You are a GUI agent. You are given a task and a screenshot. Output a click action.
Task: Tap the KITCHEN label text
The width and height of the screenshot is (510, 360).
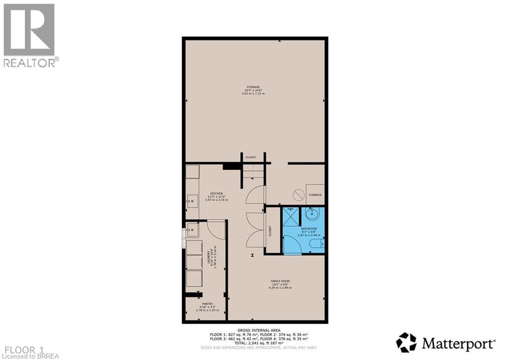click(x=216, y=193)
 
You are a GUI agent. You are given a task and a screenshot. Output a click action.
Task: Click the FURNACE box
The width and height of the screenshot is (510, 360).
click(x=315, y=195)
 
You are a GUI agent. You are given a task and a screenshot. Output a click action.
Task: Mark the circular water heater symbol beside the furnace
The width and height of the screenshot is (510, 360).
click(x=298, y=193)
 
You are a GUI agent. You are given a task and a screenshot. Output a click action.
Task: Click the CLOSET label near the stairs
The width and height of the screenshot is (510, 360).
click(x=250, y=157)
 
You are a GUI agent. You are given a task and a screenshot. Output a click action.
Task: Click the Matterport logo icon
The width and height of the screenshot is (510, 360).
click(x=406, y=343)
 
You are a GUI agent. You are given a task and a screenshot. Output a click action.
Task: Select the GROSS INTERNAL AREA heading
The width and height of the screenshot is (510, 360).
click(x=258, y=330)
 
